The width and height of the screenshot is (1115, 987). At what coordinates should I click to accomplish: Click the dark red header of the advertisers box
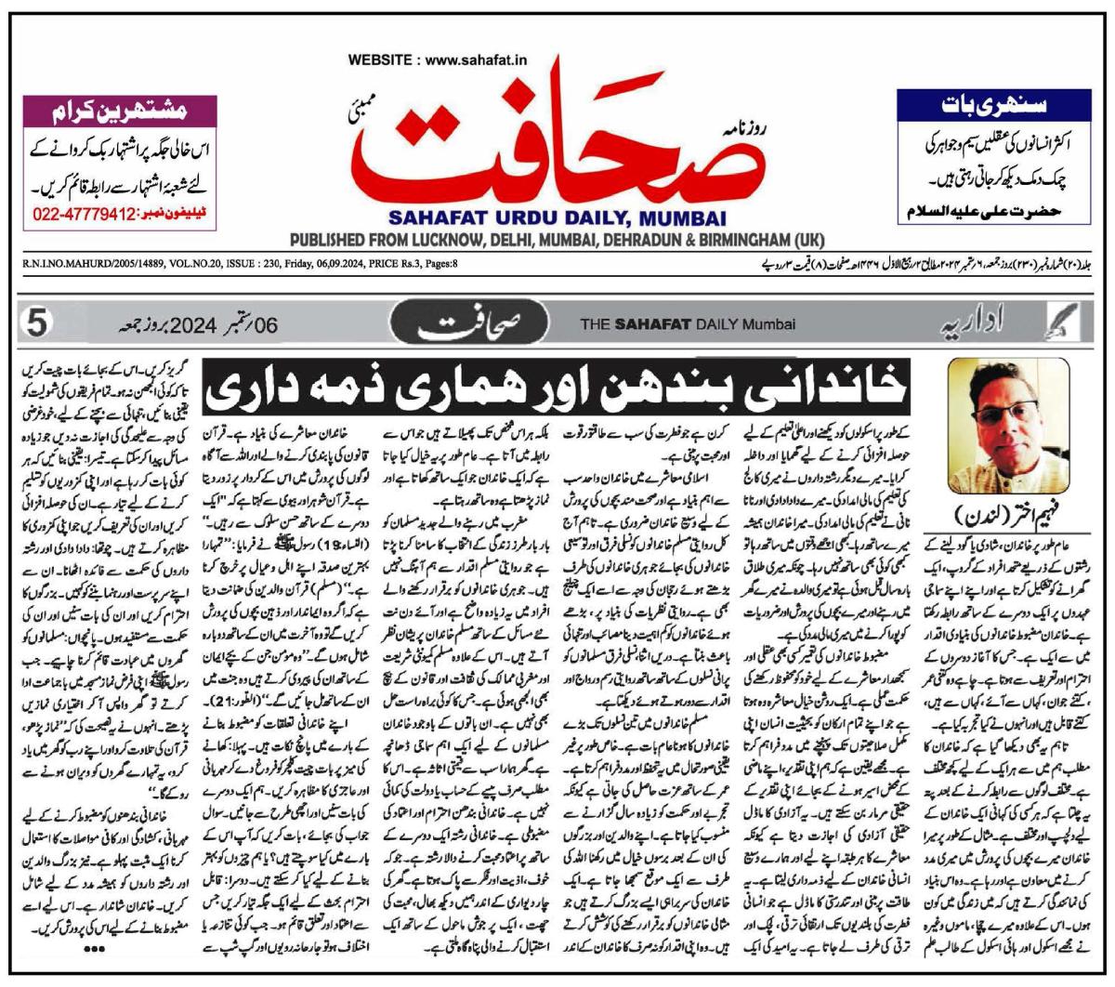(117, 109)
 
